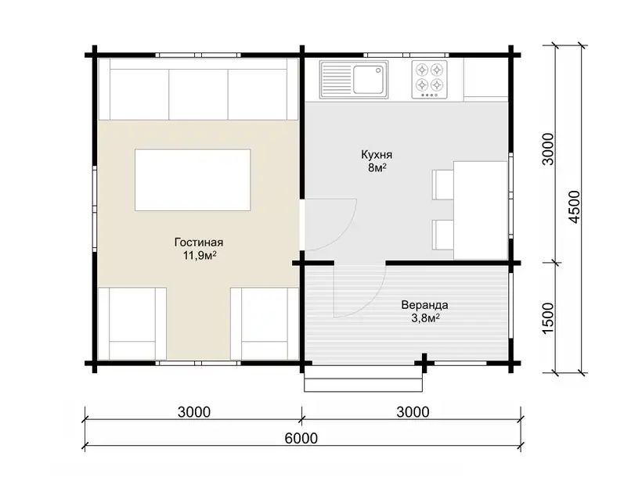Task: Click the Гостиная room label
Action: [199, 242]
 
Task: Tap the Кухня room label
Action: [377, 155]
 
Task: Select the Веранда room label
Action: [424, 305]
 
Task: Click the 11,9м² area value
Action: [200, 256]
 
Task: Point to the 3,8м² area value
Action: [425, 318]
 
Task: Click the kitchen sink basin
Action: [369, 80]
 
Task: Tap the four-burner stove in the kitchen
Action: [430, 80]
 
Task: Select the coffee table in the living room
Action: [193, 180]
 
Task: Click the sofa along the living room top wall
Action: [199, 89]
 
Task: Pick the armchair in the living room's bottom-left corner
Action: [132, 324]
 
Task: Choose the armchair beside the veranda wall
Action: [265, 324]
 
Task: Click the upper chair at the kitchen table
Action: [442, 185]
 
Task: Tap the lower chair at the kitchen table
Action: [442, 235]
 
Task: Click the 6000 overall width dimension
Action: [301, 438]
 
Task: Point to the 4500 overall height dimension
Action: [575, 207]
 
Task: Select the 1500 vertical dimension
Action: [547, 318]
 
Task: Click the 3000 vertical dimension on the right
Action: [547, 149]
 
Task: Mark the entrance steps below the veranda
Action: [363, 379]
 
